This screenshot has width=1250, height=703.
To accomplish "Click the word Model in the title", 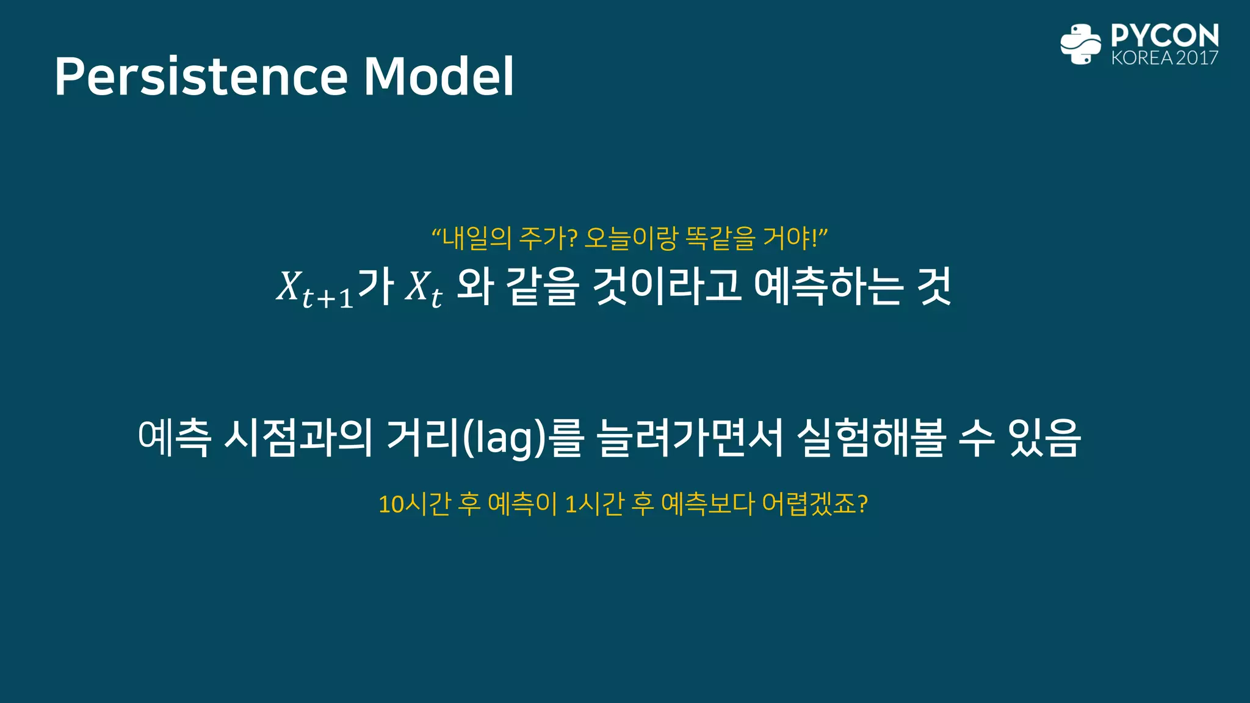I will (x=439, y=77).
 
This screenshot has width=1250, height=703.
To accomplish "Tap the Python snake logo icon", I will (x=1080, y=44).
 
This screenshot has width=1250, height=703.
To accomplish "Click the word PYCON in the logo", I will (x=1165, y=35).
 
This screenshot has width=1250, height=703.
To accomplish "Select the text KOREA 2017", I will (x=1165, y=58).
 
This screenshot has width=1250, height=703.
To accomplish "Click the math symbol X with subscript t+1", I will (x=312, y=288).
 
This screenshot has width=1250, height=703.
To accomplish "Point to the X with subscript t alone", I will (x=423, y=288).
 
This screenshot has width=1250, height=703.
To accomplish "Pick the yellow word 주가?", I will (x=547, y=238).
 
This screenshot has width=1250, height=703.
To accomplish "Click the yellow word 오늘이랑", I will (x=630, y=238).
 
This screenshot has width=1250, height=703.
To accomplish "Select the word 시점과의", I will (x=298, y=438).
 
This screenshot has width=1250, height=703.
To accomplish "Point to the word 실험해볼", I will (x=872, y=438).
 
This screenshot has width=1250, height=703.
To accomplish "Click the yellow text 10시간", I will (x=414, y=505).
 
